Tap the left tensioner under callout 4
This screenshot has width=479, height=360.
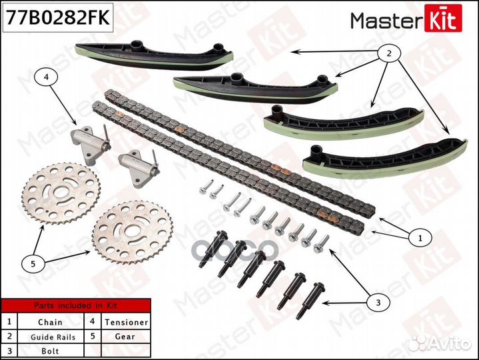coord(88,143)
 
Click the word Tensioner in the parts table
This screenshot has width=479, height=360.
coord(127,322)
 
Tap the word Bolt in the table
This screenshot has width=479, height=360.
coord(50,351)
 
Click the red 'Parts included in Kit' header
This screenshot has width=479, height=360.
coord(75,306)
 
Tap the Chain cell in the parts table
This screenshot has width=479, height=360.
coord(50,322)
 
